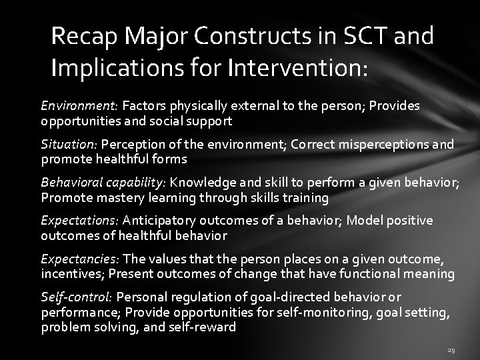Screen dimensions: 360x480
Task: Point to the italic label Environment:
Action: pos(79,105)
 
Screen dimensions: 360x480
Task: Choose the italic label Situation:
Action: pos(69,143)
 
